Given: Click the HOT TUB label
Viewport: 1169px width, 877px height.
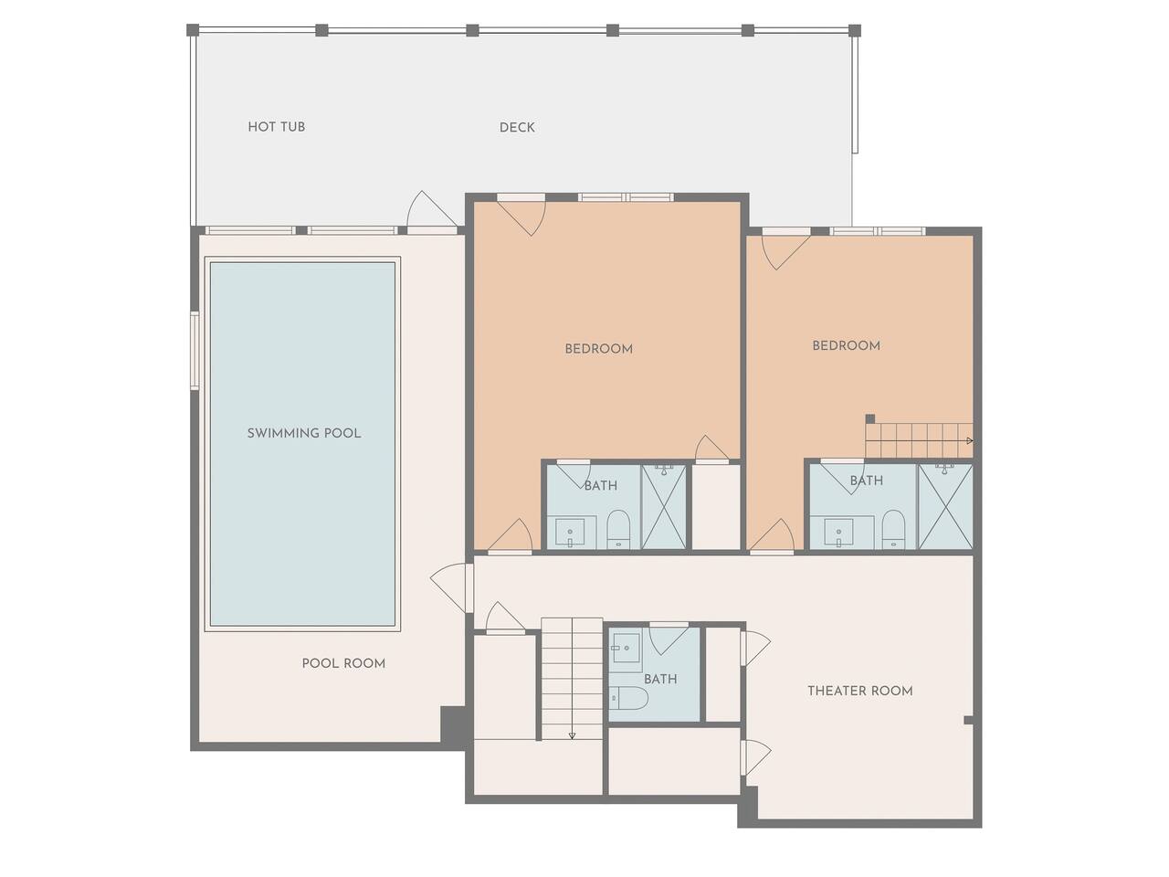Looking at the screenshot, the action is point(277,127).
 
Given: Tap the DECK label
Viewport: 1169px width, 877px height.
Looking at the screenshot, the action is point(517,127).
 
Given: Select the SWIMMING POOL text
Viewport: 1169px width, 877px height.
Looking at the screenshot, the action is point(304,433).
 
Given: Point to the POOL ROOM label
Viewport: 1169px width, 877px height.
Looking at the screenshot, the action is point(343,663).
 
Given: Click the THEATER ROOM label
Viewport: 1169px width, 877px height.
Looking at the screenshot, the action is point(860,691).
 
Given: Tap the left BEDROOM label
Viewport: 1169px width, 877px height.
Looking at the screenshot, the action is point(598,349).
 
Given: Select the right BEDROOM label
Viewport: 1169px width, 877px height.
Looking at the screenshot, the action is point(847,345).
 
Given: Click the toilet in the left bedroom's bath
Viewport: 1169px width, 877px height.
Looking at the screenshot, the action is point(618,529).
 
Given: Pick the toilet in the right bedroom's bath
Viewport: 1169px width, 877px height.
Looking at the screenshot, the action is point(893,529).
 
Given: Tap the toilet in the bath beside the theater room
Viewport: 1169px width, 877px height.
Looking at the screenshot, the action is point(628,698).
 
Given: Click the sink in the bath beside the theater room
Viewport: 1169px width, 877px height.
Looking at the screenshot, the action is point(627,648).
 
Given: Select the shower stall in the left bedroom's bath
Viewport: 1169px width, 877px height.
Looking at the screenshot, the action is point(664,506).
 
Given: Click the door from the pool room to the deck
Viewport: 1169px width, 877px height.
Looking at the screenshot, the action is point(432,213).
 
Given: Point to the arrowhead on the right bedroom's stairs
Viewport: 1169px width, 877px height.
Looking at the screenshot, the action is point(970,441).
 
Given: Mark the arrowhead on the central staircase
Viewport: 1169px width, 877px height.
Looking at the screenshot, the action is point(572,736).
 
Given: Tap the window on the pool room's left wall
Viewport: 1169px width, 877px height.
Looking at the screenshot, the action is point(195,351).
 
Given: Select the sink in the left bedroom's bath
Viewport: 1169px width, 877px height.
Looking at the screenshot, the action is point(570,533).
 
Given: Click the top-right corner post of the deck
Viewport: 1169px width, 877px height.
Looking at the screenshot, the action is point(854,30).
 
